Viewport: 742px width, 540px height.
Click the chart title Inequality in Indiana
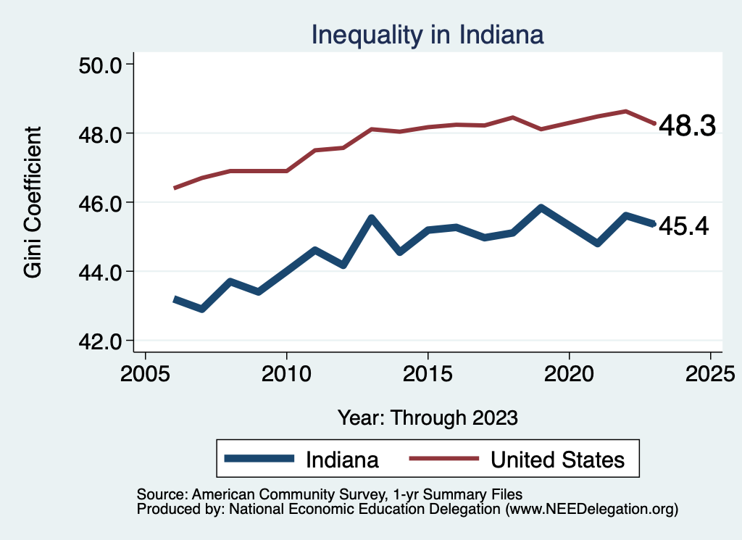tap(427, 34)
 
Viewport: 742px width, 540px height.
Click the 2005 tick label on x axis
tap(146, 375)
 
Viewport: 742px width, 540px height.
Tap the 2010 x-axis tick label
tap(287, 375)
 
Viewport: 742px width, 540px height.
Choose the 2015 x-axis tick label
tap(428, 375)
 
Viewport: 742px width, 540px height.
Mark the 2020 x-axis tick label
tap(569, 375)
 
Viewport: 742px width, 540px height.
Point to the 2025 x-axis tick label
tap(710, 375)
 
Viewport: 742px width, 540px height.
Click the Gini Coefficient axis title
tap(33, 202)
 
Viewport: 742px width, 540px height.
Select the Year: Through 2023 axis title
tap(428, 418)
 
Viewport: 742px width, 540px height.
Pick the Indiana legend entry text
tap(342, 460)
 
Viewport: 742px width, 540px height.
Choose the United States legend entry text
tap(557, 460)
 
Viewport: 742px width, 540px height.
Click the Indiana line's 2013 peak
tap(371, 218)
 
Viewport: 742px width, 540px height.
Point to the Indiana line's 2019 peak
tap(541, 208)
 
